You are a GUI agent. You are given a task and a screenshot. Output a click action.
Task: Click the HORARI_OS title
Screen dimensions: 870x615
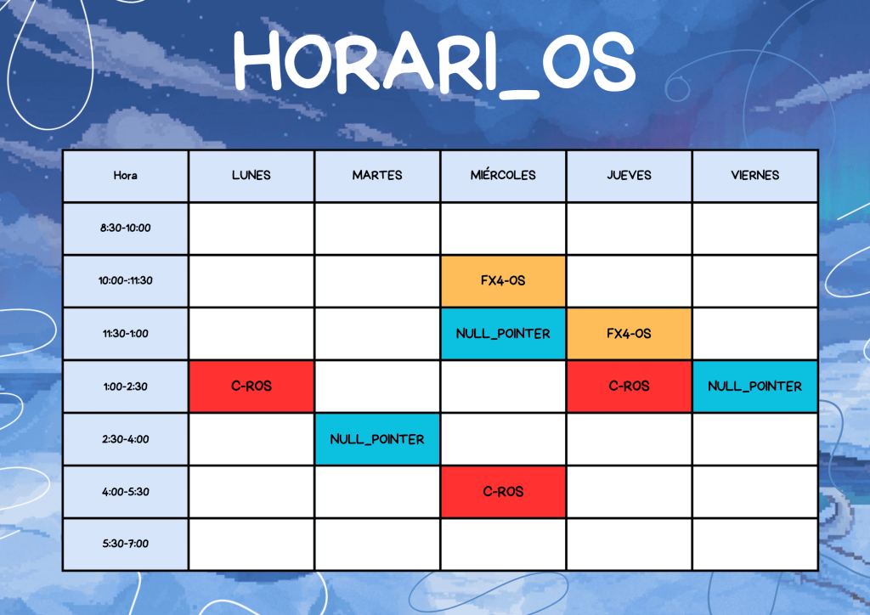[x=434, y=63]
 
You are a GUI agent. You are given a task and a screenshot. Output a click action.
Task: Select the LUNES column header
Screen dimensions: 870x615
[x=251, y=176]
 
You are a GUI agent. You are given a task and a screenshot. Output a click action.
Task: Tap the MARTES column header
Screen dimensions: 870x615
[x=377, y=176]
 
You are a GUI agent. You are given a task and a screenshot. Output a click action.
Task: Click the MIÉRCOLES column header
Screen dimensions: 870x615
[x=503, y=176]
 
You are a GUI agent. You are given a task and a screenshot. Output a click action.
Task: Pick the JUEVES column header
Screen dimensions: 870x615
[x=630, y=176]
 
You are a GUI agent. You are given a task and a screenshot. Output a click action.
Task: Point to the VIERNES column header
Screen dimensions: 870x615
[x=755, y=176]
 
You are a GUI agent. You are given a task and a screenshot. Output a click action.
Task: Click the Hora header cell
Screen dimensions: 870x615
[x=126, y=176]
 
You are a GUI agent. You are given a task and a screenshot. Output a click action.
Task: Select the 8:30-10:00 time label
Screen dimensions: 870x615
[x=126, y=228]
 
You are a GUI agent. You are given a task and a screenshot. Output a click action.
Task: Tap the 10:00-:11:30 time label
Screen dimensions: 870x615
[x=126, y=280]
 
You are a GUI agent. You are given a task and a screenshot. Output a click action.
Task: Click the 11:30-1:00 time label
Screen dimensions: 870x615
[x=126, y=334]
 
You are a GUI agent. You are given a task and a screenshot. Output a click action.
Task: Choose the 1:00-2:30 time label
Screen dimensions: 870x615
[x=126, y=386]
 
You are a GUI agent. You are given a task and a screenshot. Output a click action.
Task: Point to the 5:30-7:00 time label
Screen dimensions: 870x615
[x=126, y=544]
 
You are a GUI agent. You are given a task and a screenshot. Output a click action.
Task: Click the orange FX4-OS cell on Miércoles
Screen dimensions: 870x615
[x=503, y=280]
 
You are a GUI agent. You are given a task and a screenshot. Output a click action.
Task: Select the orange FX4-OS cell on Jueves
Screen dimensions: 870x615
[x=630, y=334]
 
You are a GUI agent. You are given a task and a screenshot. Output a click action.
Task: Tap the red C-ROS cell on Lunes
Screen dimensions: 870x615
[x=251, y=386]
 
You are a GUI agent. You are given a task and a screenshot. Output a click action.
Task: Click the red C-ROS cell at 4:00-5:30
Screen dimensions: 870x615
[x=503, y=492]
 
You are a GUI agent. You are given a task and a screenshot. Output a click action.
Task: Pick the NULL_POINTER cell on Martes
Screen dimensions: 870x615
[x=377, y=439]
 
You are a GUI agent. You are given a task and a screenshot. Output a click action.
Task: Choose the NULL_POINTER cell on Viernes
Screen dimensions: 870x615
[x=755, y=386]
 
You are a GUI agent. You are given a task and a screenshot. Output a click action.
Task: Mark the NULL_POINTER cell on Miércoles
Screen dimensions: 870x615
[x=503, y=334]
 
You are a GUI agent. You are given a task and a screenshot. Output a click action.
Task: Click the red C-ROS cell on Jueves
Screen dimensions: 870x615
[x=630, y=386]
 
